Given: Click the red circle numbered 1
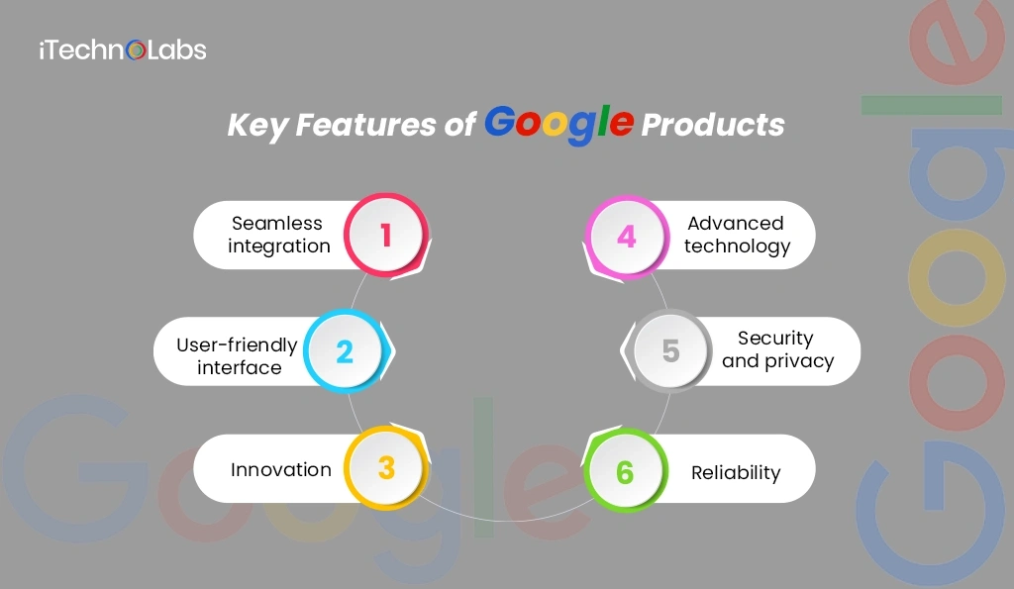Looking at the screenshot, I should pyautogui.click(x=386, y=235).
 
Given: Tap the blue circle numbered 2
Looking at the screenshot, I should pyautogui.click(x=345, y=351).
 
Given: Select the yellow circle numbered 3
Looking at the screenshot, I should pyautogui.click(x=386, y=467).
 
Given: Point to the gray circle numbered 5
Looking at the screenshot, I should pyautogui.click(x=670, y=351).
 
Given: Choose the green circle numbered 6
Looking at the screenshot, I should pyautogui.click(x=625, y=471).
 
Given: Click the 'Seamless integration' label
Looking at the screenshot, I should pyautogui.click(x=278, y=235).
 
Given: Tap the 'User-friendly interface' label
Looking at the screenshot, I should pyautogui.click(x=238, y=356).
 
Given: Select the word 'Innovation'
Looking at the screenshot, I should pyautogui.click(x=281, y=469).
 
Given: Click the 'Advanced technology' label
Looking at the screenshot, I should pyautogui.click(x=737, y=235).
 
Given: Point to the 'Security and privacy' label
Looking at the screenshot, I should pyautogui.click(x=776, y=349).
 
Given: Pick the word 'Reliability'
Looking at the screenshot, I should pyautogui.click(x=736, y=472).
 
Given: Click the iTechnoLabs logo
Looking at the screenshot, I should pyautogui.click(x=122, y=49).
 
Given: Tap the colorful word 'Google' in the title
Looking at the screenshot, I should pyautogui.click(x=559, y=125).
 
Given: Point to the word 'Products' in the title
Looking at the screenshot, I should pyautogui.click(x=713, y=126).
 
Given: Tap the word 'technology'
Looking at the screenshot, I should pyautogui.click(x=737, y=246).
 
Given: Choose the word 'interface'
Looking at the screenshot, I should pyautogui.click(x=239, y=367).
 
